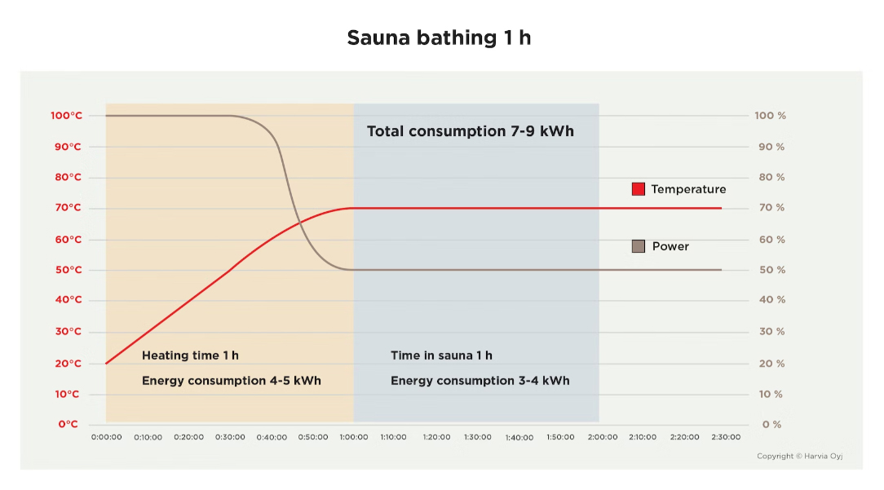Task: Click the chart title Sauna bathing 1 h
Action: click(x=439, y=38)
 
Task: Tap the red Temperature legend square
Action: click(x=639, y=189)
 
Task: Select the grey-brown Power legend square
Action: click(x=639, y=246)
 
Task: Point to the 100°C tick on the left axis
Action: click(x=66, y=116)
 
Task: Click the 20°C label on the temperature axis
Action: click(x=69, y=364)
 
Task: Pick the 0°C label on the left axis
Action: click(x=69, y=424)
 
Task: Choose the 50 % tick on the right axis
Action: click(x=770, y=270)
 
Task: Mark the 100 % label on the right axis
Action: click(x=770, y=116)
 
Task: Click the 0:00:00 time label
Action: click(x=106, y=437)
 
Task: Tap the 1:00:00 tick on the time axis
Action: click(x=353, y=437)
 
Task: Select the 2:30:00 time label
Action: click(x=724, y=437)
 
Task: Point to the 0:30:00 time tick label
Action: click(x=230, y=437)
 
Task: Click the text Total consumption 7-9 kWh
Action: click(x=470, y=131)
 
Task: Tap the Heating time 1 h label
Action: click(x=190, y=355)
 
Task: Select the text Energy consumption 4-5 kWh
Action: click(x=231, y=381)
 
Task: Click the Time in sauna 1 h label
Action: click(x=441, y=355)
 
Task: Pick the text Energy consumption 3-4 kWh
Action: click(x=480, y=381)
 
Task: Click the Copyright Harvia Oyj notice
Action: click(x=799, y=457)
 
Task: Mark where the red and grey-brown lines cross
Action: click(x=298, y=223)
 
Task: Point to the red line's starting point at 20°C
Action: click(x=107, y=364)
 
